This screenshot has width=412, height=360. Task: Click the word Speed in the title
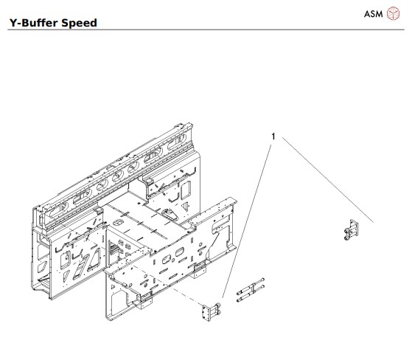80,23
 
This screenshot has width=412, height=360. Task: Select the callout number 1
274,136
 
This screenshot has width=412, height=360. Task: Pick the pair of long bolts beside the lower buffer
249,292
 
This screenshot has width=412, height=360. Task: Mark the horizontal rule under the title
206,30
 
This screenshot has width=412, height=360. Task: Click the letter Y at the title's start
11,23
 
